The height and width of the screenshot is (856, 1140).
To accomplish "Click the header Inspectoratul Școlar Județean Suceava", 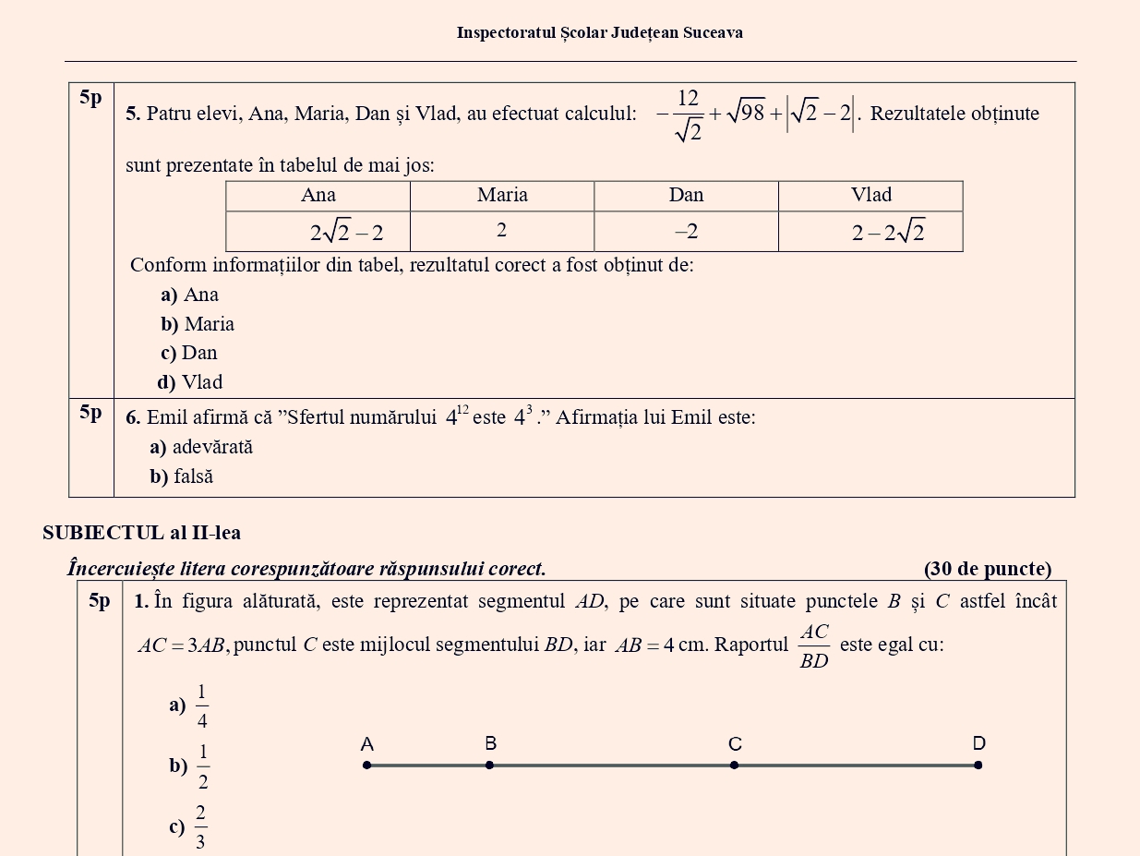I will [599, 33].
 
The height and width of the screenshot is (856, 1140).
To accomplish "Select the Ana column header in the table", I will [318, 195].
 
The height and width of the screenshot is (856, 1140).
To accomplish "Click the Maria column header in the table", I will [502, 195].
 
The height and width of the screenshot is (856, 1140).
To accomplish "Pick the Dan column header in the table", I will [686, 195].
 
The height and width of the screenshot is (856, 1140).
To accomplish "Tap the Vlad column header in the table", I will [870, 195].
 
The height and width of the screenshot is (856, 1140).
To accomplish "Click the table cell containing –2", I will [686, 232].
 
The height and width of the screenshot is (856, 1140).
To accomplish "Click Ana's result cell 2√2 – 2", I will [346, 233].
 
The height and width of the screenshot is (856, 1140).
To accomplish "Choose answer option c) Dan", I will [188, 353].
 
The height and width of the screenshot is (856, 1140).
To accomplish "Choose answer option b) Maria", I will [197, 324].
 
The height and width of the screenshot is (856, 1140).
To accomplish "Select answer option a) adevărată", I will [201, 448].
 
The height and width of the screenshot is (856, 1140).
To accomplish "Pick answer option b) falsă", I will [182, 476].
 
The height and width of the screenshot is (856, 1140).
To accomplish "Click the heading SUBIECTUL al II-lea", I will [141, 533].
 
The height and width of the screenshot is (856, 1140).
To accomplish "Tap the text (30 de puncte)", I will [987, 569].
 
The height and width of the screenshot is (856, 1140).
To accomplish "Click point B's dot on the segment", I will [489, 765].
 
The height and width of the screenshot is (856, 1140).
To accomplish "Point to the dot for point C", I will [734, 765].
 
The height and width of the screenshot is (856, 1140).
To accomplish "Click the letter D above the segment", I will [978, 743].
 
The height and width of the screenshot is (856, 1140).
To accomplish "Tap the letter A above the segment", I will [366, 744].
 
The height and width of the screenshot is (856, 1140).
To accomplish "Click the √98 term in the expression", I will [746, 115].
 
